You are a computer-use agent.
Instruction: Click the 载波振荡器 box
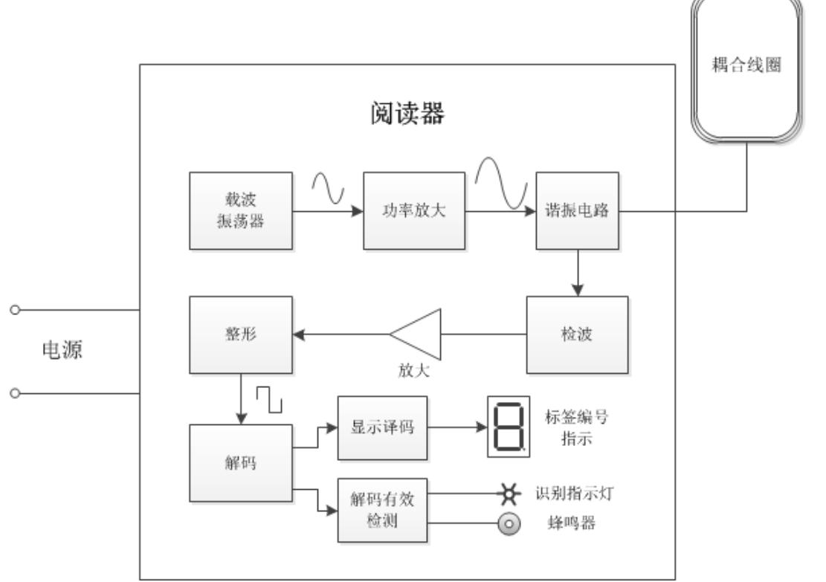241,212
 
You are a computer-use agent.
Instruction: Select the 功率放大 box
414,212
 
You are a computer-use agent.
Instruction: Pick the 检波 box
577,334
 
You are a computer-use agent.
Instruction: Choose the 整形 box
241,334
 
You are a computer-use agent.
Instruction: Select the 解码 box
241,464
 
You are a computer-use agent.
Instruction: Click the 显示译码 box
383,428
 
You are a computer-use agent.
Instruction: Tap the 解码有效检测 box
383,510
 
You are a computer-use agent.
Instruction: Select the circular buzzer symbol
509,524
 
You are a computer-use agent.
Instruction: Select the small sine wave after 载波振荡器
328,188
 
